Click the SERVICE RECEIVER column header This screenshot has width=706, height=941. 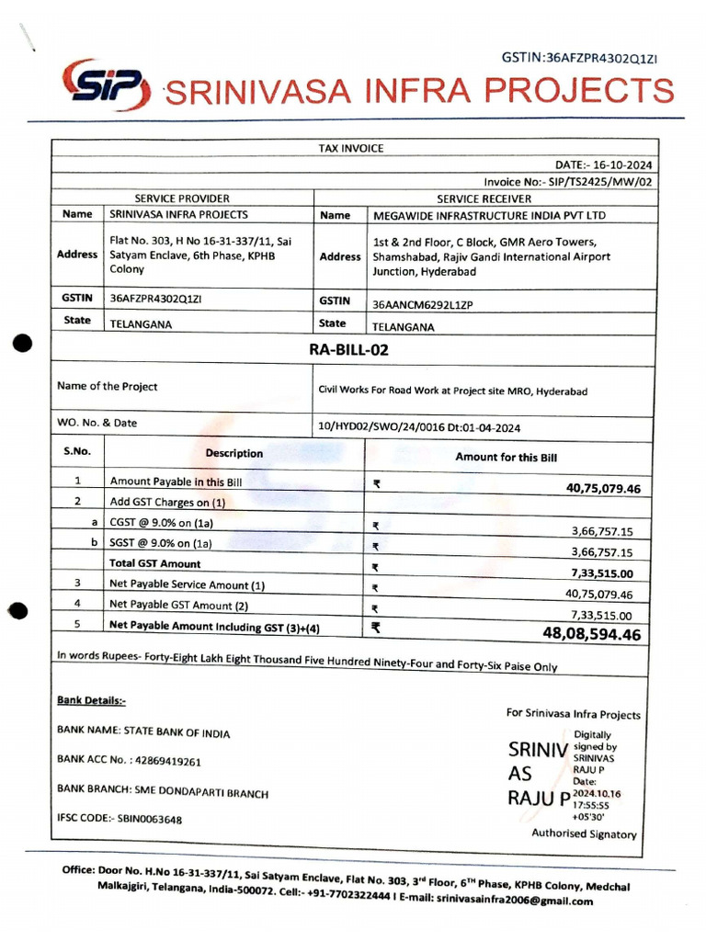point(487,198)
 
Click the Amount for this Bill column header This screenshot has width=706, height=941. point(506,457)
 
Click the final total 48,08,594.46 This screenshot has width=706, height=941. point(591,634)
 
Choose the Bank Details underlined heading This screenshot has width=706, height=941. point(91,700)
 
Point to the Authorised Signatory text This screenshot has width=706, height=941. point(584,833)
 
